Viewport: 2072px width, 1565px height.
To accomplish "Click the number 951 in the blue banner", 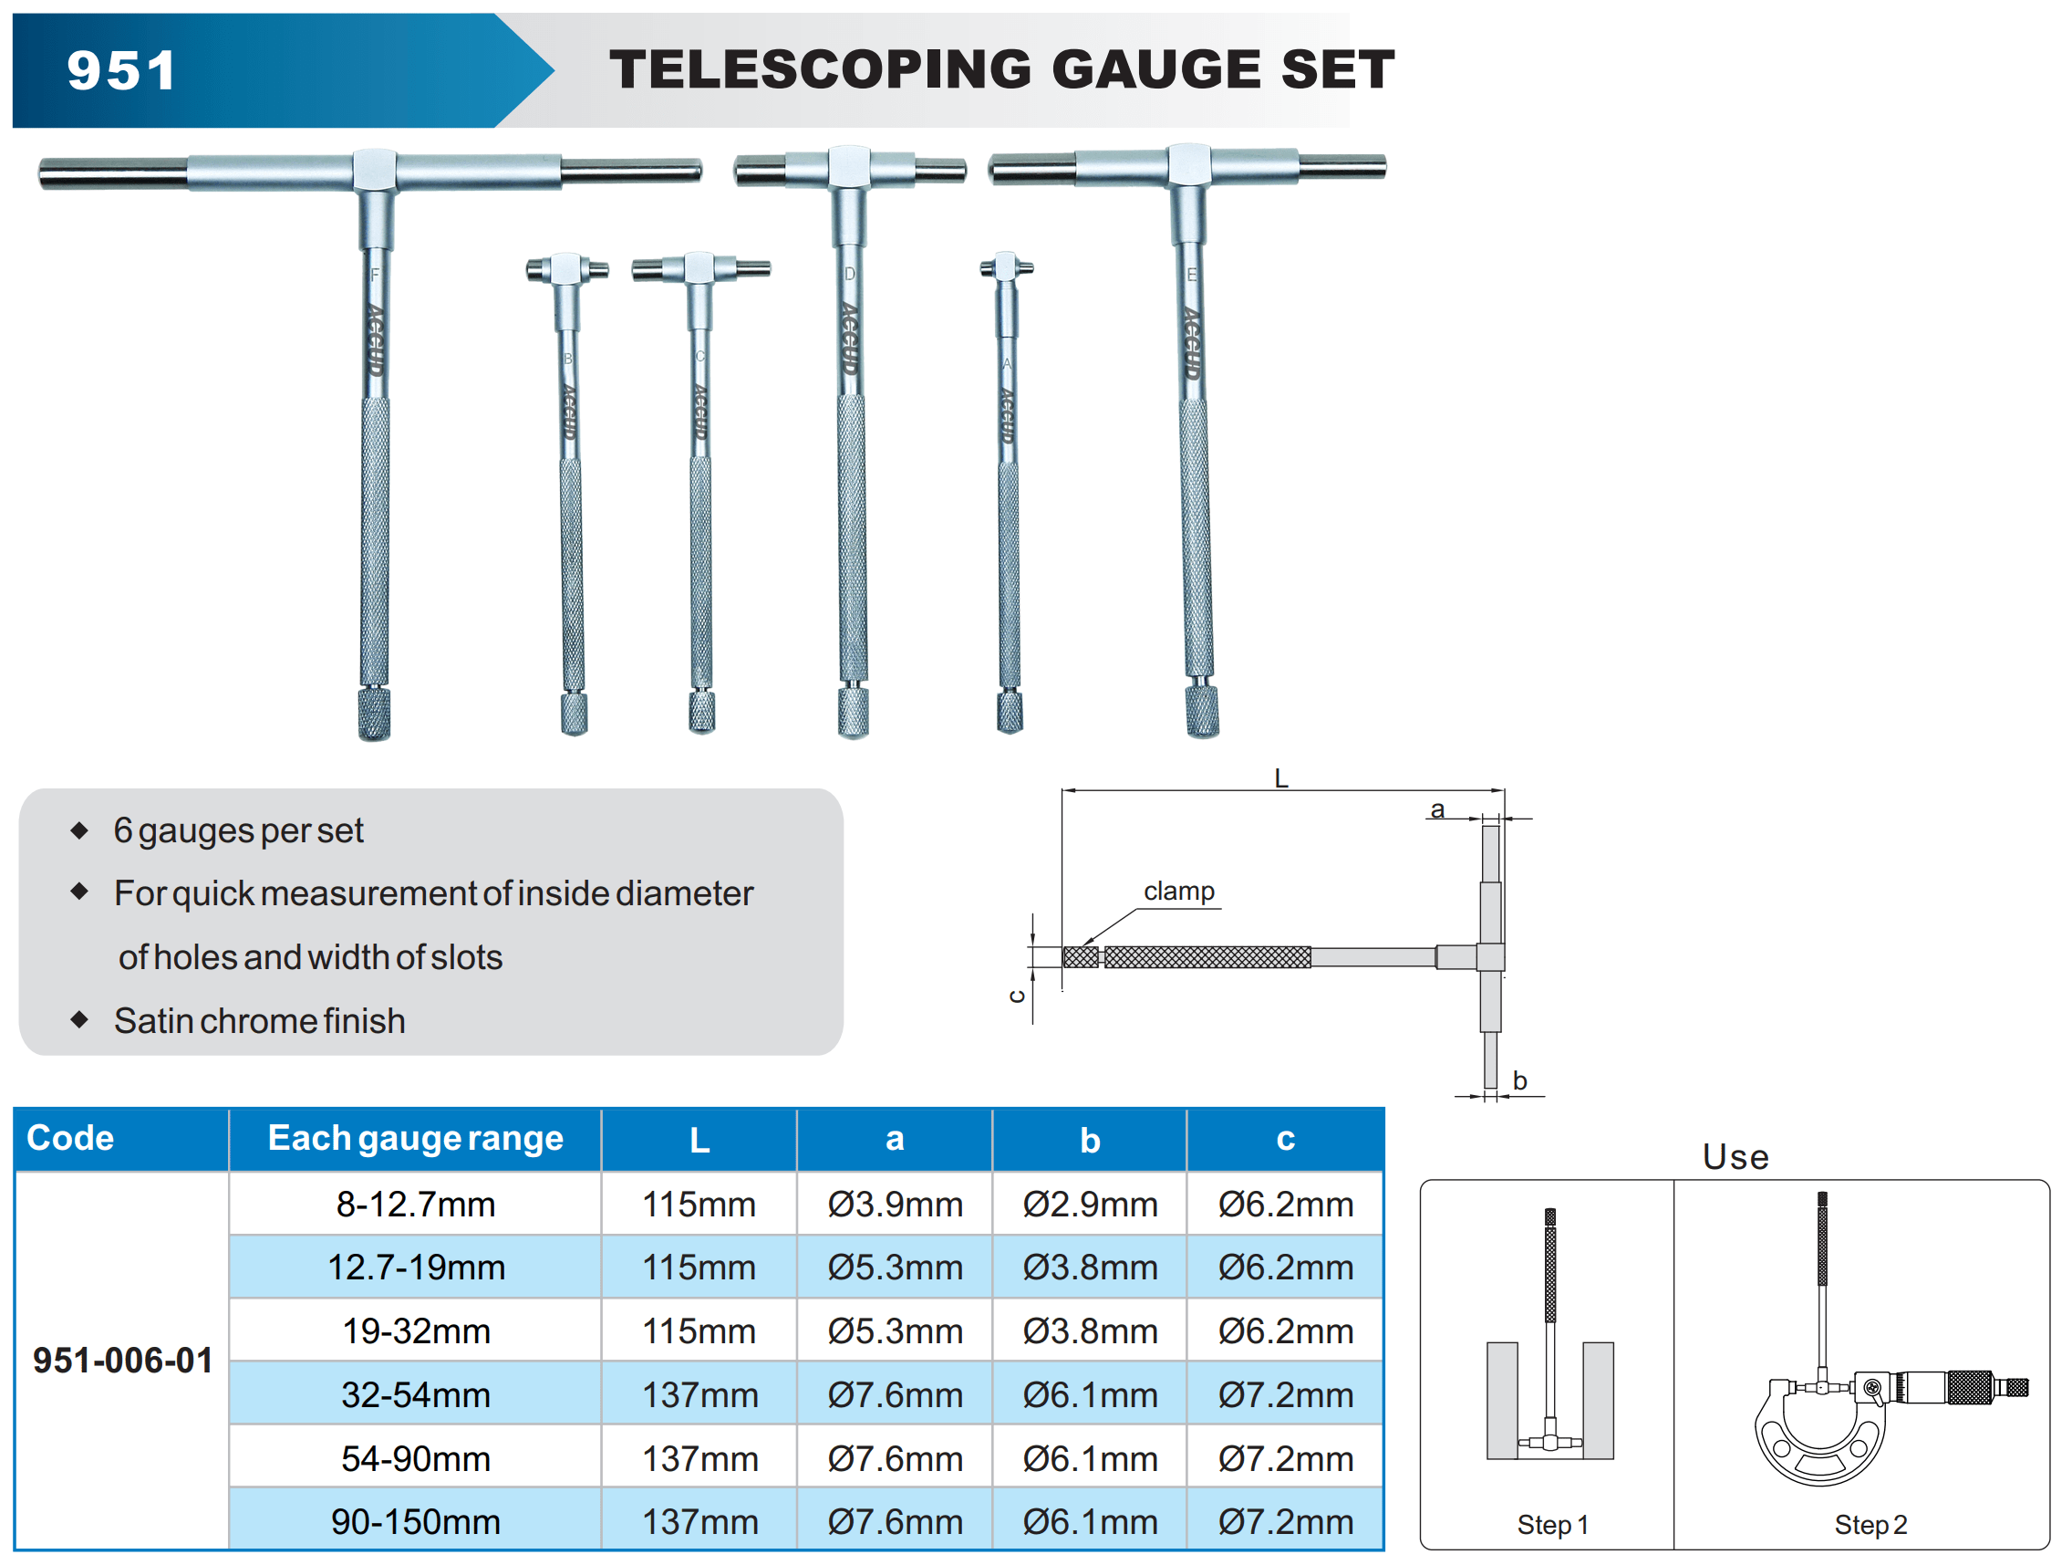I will [122, 71].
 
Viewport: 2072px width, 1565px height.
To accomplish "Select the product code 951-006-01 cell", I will [123, 1360].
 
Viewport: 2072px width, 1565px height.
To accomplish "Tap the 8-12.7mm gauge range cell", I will [416, 1205].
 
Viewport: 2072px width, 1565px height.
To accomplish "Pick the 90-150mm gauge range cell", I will [416, 1522].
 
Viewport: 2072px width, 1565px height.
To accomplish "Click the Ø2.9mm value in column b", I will [1090, 1205].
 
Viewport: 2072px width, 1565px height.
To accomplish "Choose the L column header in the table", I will [699, 1140].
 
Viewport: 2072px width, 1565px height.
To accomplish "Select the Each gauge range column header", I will [416, 1138].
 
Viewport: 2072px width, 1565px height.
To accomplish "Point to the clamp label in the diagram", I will [1178, 891].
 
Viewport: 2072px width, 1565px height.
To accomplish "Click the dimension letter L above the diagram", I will [1280, 777].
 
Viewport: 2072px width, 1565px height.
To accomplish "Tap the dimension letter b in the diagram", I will [1519, 1080].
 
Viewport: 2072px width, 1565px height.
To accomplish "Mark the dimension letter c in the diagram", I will [1017, 996].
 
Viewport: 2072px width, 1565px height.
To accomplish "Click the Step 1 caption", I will [1552, 1525].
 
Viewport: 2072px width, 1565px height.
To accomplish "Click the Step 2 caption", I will [1870, 1525].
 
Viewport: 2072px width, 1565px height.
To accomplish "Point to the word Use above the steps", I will [1735, 1156].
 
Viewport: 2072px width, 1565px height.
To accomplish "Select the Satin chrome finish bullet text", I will [260, 1020].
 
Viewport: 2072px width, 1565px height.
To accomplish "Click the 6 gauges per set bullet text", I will [239, 830].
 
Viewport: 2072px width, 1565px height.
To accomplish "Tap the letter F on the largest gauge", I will [375, 275].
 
